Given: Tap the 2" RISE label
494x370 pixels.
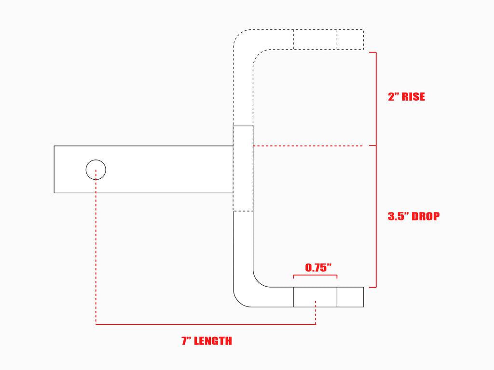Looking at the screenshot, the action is (x=406, y=96).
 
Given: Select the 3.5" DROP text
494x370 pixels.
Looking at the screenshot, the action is (x=413, y=216).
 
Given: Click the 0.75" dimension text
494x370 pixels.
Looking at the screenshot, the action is (x=318, y=267).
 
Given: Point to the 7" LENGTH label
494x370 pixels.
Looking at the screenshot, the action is (x=206, y=341).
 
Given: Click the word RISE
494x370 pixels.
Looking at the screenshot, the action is (x=413, y=96).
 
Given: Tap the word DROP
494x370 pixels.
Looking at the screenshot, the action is (x=425, y=216).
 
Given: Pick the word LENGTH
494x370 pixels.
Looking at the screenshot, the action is (x=213, y=341).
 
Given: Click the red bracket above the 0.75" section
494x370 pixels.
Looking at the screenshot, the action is (x=315, y=275).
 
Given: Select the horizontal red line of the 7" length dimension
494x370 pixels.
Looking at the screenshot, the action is (x=206, y=324).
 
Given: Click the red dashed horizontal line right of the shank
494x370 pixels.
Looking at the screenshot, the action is (x=308, y=145).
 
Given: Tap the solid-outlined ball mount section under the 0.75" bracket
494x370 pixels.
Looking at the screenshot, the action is (x=315, y=297).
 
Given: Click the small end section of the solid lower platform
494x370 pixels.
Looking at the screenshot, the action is (x=350, y=297).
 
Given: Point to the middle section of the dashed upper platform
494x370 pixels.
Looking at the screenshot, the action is (x=315, y=40).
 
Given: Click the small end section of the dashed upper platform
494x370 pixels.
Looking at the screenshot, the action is (x=350, y=40).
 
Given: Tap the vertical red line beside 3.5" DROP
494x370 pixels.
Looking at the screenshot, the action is (x=376, y=216).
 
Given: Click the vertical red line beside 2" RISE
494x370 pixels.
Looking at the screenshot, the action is (x=376, y=99).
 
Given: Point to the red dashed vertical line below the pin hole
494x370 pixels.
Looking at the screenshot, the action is (x=96, y=247).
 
